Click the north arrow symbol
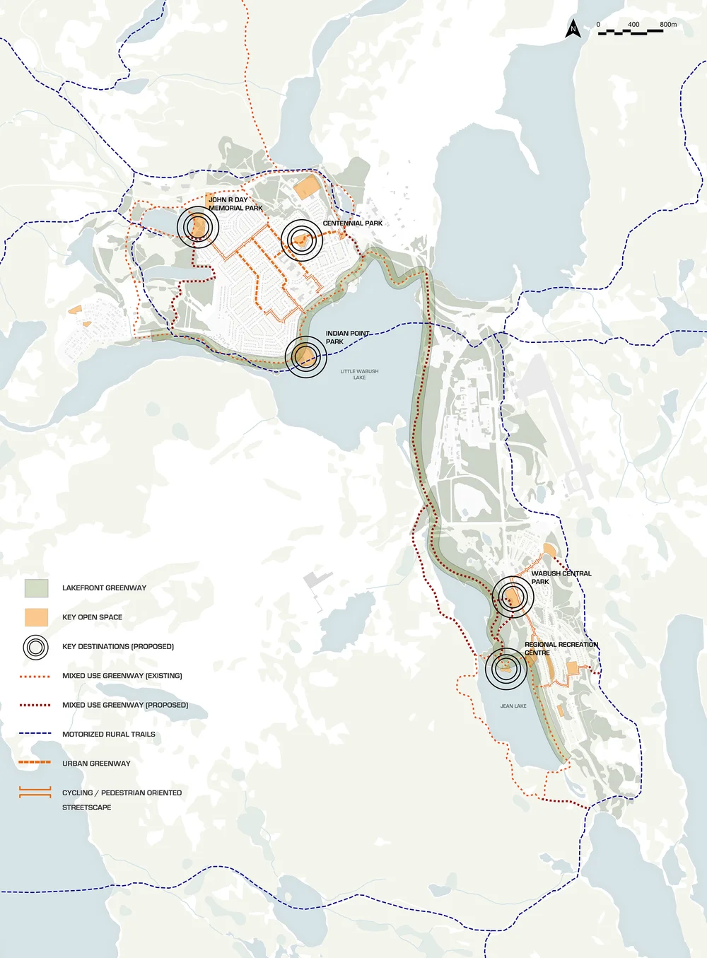tap(573, 29)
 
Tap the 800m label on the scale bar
tap(668, 25)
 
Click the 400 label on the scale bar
tap(633, 25)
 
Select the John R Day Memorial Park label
tap(235, 204)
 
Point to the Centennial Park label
tap(352, 223)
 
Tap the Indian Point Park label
tap(347, 337)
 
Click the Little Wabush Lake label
tap(359, 374)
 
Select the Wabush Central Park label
tap(561, 578)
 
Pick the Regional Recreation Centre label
tap(561, 648)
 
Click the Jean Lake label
tap(513, 706)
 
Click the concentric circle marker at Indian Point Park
tap(306, 357)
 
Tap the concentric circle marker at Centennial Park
tap(302, 240)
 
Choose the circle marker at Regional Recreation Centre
tap(506, 668)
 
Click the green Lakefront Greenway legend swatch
tap(36, 588)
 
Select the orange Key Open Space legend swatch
tap(36, 617)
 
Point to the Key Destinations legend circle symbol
tap(36, 647)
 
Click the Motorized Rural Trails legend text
tap(108, 735)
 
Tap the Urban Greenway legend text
tap(96, 764)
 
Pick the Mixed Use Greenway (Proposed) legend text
tap(125, 705)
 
